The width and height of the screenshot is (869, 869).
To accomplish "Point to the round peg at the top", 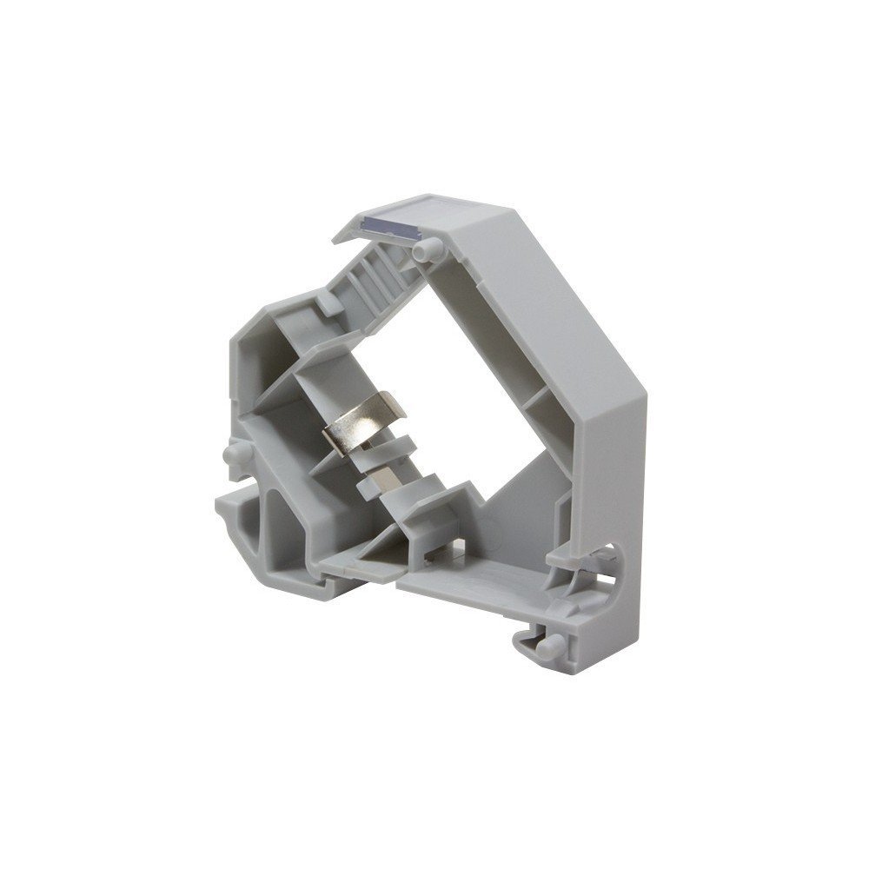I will [x=425, y=250].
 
